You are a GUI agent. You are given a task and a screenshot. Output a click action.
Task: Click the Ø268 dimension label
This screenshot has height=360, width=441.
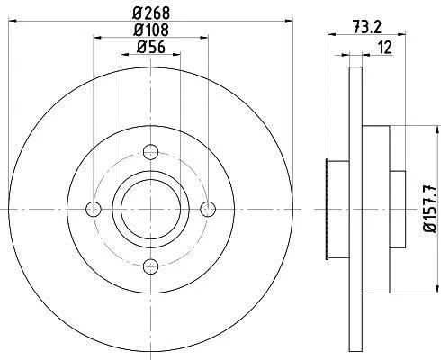click(151, 13)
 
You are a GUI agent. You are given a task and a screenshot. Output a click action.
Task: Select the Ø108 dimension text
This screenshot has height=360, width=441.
click(151, 30)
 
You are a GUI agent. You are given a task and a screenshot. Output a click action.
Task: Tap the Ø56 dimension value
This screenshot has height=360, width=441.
click(151, 47)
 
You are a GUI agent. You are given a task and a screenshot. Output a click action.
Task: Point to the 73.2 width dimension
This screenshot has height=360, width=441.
click(366, 28)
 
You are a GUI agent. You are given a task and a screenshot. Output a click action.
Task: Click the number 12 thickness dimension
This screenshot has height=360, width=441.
click(385, 48)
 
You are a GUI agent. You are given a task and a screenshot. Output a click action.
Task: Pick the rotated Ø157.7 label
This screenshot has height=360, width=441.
click(430, 208)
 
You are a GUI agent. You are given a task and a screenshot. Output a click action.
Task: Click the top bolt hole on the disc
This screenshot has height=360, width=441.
click(150, 152)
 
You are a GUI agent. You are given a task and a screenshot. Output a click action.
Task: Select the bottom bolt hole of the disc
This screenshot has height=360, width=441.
click(150, 266)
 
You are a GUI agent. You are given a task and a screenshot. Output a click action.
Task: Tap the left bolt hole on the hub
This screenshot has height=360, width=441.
click(94, 209)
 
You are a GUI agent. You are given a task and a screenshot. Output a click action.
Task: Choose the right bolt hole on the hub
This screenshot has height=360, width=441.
click(208, 209)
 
